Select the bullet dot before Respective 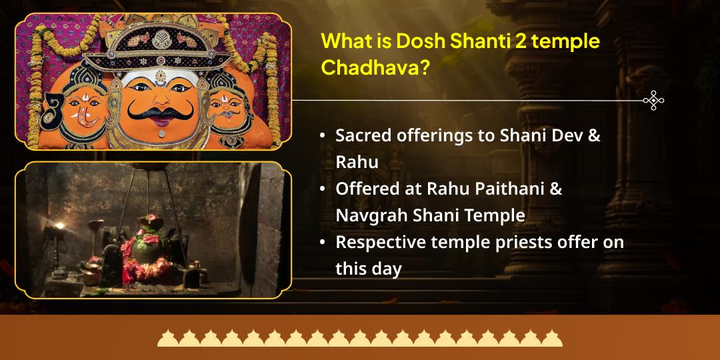click(323, 242)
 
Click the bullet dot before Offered click(323, 189)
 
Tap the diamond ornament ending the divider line click(653, 101)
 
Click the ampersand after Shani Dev click(594, 135)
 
